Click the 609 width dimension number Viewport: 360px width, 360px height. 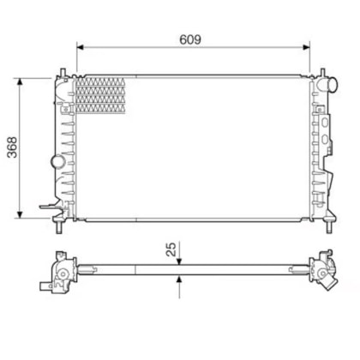[190, 39]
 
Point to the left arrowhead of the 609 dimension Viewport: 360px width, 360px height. [81, 47]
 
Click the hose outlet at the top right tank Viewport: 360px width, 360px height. [327, 85]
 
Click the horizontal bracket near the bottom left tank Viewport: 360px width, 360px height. [49, 207]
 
